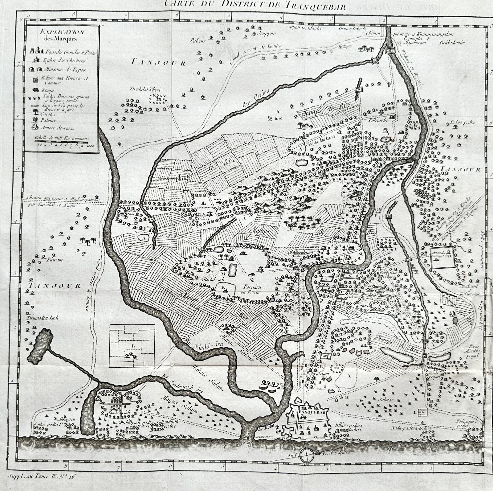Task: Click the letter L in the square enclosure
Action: point(133,346)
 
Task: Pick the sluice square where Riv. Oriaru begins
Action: point(375,61)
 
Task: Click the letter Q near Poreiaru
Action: point(252,280)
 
